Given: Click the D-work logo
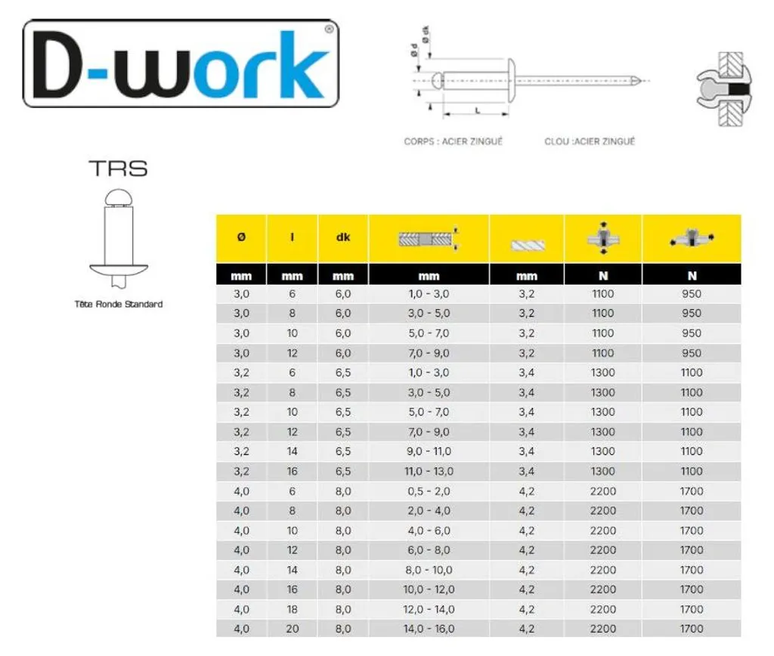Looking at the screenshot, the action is coord(181,63).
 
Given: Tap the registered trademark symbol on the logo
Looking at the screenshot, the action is coord(330,29).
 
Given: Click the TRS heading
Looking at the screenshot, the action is coord(119,169).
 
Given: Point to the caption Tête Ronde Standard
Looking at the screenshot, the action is coord(119,304).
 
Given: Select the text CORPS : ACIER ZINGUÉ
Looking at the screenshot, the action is coord(454,141).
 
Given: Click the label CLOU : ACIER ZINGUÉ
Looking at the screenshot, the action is coord(590,141).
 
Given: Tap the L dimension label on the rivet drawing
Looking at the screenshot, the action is coord(478,110).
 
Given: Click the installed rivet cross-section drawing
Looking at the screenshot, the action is coord(723,89).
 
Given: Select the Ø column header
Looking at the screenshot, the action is coord(241,237).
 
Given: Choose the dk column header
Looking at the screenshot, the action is coord(343,237).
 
